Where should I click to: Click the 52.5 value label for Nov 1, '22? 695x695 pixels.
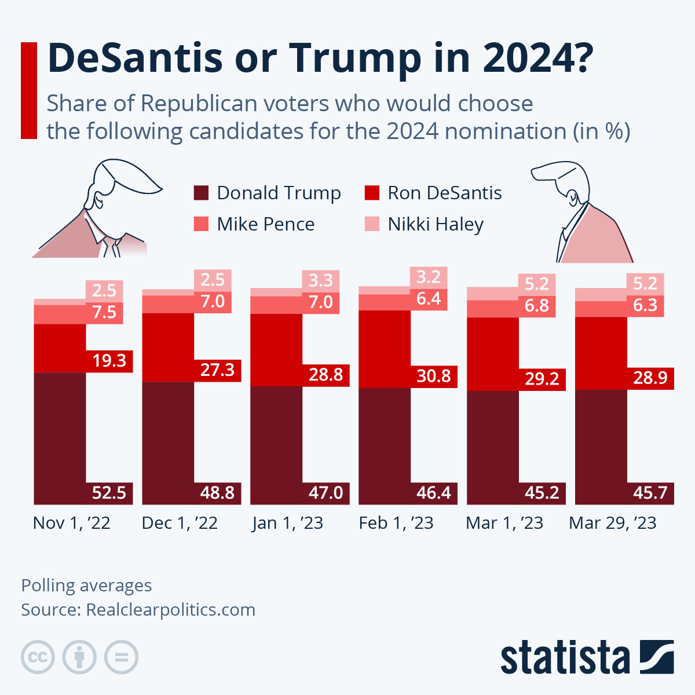[x=109, y=493]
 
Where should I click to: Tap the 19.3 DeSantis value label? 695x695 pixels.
[x=109, y=361]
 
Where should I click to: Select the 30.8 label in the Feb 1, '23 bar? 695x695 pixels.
[x=433, y=376]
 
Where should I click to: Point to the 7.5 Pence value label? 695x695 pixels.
[x=104, y=313]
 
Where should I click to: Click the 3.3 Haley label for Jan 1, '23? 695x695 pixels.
[x=320, y=281]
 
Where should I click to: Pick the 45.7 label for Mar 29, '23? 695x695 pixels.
[x=650, y=493]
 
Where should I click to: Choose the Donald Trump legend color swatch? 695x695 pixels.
[x=201, y=193]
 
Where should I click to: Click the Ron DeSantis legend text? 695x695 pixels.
[x=444, y=193]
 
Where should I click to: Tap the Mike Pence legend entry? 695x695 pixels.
[x=265, y=224]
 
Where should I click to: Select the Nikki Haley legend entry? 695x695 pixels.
[x=435, y=224]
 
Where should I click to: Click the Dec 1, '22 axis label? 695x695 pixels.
[x=180, y=523]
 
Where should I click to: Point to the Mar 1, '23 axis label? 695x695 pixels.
[x=504, y=523]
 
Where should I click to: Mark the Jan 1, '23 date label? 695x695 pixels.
[x=288, y=523]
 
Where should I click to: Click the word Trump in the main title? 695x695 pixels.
[x=355, y=58]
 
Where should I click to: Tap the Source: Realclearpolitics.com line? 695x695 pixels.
[x=138, y=610]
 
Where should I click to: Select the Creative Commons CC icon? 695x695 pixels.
[x=38, y=657]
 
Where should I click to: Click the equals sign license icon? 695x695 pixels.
[x=121, y=657]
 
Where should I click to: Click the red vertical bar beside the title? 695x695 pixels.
[x=29, y=90]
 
